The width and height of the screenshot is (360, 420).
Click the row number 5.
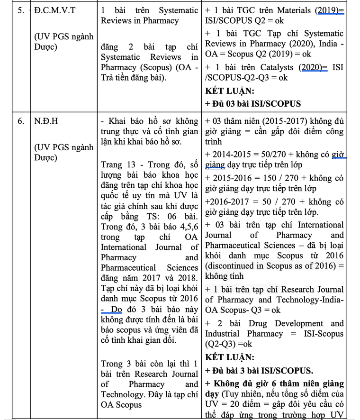coord(20,10)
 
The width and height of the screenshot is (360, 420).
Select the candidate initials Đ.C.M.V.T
coord(54,10)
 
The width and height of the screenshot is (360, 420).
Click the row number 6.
coord(20,121)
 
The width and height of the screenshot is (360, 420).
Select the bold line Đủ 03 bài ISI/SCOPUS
coord(253,104)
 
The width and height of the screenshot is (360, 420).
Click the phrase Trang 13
coord(118,165)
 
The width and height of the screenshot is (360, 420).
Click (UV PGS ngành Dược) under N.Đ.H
coord(64,153)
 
